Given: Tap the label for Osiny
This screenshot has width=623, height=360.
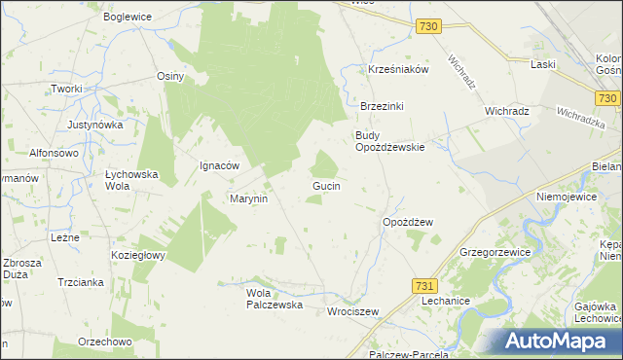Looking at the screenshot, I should pyautogui.click(x=170, y=75).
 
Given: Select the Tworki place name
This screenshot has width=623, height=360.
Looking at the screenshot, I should pyautogui.click(x=67, y=89).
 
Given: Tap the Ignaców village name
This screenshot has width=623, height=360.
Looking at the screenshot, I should pyautogui.click(x=220, y=165).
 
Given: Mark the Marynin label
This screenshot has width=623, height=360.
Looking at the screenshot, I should pyautogui.click(x=248, y=198).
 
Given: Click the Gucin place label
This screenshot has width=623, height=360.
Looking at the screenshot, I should pyautogui.click(x=326, y=185).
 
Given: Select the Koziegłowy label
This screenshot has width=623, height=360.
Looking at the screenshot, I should pyautogui.click(x=139, y=255).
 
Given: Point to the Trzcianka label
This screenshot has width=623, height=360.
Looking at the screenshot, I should pyautogui.click(x=81, y=282).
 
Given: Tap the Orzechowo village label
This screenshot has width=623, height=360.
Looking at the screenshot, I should pyautogui.click(x=104, y=342).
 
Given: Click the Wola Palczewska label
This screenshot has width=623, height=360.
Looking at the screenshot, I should pyautogui.click(x=275, y=298).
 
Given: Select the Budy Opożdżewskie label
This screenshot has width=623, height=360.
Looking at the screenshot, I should pyautogui.click(x=389, y=141).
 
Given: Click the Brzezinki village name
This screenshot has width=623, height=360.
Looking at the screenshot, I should pyautogui.click(x=383, y=106).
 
